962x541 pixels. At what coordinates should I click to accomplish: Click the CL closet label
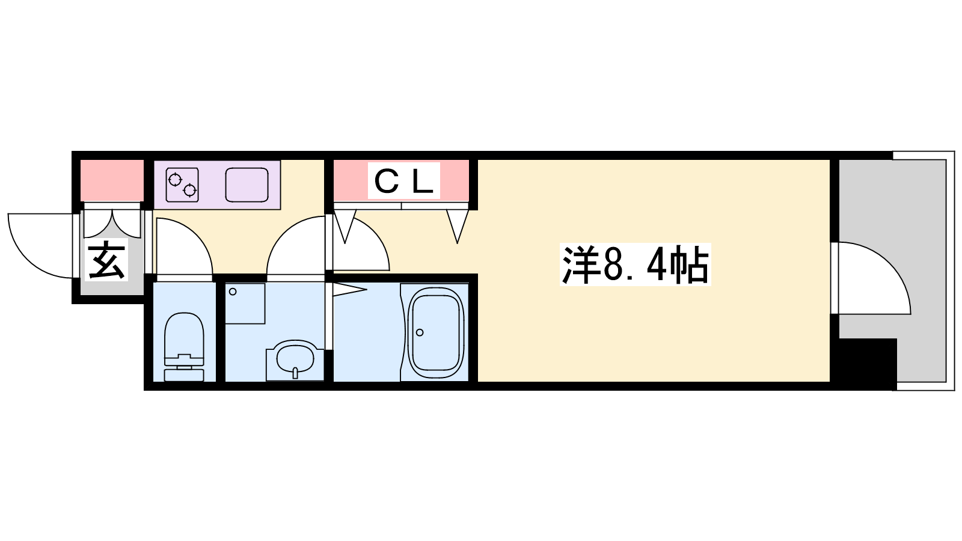point(403,181)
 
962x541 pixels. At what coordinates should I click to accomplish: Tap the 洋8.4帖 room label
point(635,264)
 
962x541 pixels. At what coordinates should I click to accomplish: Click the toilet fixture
point(184,346)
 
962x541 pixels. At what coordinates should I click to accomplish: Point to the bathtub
point(436,333)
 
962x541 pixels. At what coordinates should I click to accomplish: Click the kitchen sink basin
point(247,185)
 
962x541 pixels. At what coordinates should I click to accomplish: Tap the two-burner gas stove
point(182,185)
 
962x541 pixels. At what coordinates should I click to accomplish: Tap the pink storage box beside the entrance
point(112,180)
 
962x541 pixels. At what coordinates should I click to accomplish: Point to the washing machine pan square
point(245,304)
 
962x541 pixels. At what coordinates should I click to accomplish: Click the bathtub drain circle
point(420,332)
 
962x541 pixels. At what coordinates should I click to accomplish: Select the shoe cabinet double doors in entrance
point(112,223)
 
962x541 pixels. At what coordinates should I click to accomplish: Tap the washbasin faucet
point(295,373)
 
